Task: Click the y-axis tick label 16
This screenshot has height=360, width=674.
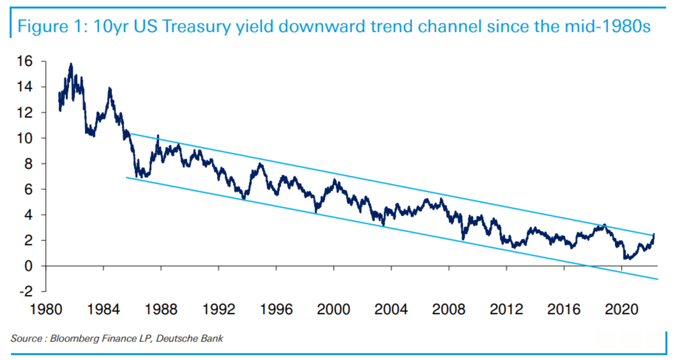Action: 25,61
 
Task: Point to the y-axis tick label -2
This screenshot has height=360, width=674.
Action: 25,291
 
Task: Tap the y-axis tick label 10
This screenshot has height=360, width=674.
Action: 25,138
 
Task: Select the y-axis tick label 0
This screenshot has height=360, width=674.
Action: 28,266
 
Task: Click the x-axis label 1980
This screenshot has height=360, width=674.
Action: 46,309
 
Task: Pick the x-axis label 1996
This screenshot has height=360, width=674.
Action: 276,309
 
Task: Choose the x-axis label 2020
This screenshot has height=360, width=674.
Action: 621,309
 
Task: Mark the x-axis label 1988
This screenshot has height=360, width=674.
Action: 161,309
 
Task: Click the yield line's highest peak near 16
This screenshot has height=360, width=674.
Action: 71,64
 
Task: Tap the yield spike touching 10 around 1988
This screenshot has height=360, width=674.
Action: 158,136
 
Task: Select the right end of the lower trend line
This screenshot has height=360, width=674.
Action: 657,279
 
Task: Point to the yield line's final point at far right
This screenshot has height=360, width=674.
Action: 654,234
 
